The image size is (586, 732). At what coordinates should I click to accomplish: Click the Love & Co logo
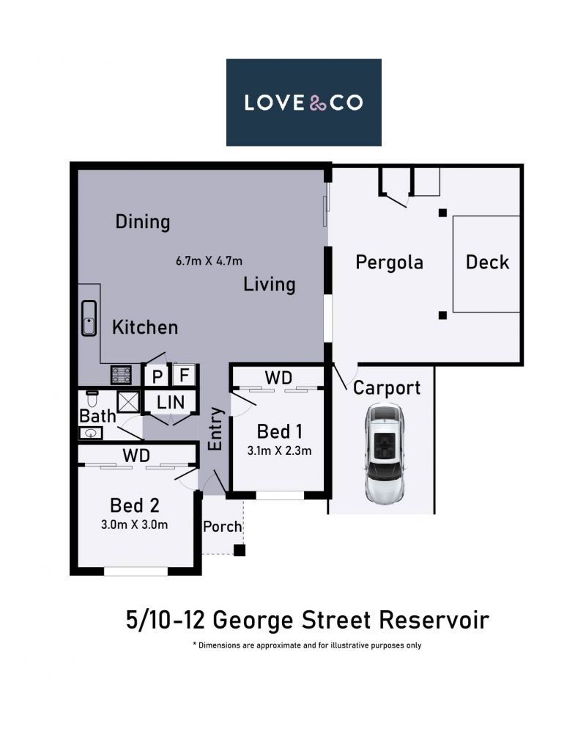click(x=303, y=102)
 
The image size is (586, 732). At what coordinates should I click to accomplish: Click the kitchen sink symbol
click(x=89, y=318)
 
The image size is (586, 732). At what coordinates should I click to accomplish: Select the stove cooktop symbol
click(x=121, y=375)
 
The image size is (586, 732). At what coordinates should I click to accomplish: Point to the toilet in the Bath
click(x=92, y=399)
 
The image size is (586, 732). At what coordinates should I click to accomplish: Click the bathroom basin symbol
click(x=90, y=433)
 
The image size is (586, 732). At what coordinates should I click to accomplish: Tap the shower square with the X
click(x=128, y=402)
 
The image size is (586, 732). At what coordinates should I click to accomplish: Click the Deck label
click(x=487, y=262)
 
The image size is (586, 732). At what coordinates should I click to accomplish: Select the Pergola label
click(x=389, y=263)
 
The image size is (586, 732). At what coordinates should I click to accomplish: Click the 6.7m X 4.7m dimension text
click(x=209, y=260)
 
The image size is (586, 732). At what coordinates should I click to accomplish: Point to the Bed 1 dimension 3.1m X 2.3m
click(x=279, y=450)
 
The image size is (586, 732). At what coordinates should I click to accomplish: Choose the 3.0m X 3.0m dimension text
click(x=134, y=524)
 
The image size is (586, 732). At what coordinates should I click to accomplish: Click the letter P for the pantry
click(x=157, y=376)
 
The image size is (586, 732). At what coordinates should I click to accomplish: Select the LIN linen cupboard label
click(x=171, y=402)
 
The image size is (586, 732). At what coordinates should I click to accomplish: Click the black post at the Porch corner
click(x=239, y=550)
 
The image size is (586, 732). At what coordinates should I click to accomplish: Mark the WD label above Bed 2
click(x=136, y=455)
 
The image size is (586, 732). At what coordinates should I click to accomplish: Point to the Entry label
click(x=215, y=428)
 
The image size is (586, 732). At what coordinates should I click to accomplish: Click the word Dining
click(x=143, y=222)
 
